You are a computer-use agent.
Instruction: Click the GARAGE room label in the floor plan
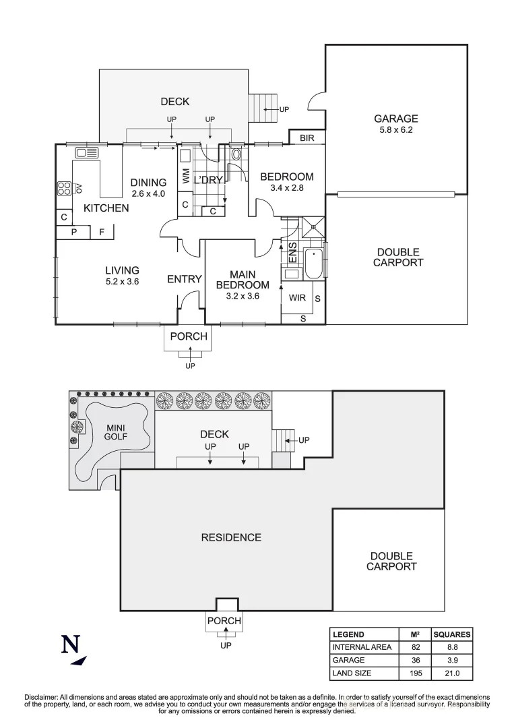click(396, 119)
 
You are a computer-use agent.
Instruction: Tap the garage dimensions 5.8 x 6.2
click(396, 129)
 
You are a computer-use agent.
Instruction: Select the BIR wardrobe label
click(307, 138)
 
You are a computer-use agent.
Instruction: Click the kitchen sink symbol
click(88, 152)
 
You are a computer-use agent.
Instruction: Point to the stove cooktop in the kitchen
click(65, 187)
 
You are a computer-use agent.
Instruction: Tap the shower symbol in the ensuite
click(313, 226)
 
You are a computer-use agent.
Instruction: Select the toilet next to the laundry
click(235, 154)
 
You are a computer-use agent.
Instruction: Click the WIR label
click(298, 297)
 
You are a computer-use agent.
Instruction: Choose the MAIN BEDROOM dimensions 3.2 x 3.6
click(243, 295)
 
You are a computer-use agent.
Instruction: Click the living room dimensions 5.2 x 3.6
click(122, 282)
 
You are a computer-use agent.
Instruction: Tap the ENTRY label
click(185, 279)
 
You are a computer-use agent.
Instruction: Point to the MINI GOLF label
click(117, 431)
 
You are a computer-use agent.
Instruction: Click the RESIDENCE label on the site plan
click(231, 537)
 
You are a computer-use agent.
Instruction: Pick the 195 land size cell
click(416, 673)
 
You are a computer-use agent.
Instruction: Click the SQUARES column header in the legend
click(451, 634)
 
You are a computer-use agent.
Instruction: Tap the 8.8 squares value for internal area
click(451, 647)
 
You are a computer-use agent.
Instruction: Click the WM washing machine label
click(185, 177)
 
